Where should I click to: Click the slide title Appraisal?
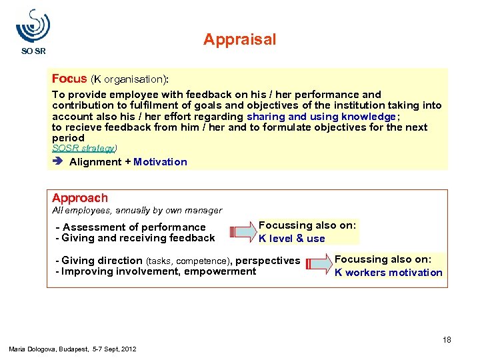pyautogui.click(x=239, y=40)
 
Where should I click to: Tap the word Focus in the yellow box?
pyautogui.click(x=69, y=79)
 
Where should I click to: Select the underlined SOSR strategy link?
pyautogui.click(x=84, y=148)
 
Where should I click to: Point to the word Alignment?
pyautogui.click(x=95, y=162)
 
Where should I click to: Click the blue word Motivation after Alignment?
pyautogui.click(x=160, y=162)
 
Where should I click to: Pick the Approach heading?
pyautogui.click(x=80, y=198)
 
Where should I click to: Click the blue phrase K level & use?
pyautogui.click(x=292, y=239)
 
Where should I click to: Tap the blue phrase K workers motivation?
pyautogui.click(x=388, y=272)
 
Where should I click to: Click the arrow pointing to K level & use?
pyautogui.click(x=241, y=232)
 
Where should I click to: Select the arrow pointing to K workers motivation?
pyautogui.click(x=318, y=265)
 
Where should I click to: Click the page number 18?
pyautogui.click(x=447, y=340)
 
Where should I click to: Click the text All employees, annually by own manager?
pyautogui.click(x=137, y=211)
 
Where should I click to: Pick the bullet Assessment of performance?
pyautogui.click(x=133, y=227)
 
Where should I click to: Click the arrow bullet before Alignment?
pyautogui.click(x=58, y=162)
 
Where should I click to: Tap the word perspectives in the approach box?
pyautogui.click(x=268, y=261)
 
